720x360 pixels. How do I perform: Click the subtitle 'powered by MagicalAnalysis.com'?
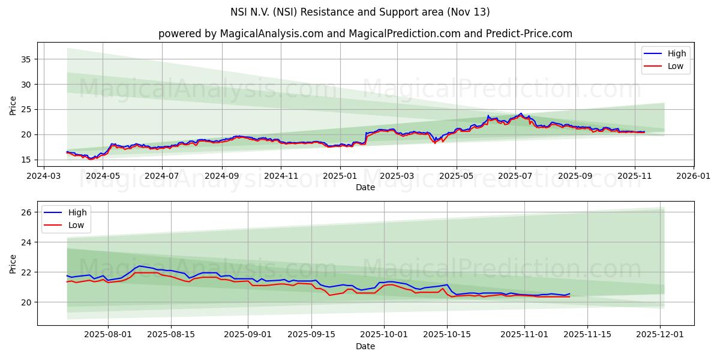coord(365,34)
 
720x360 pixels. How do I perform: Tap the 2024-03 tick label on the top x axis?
coord(44,177)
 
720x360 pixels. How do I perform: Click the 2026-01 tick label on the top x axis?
coord(694,177)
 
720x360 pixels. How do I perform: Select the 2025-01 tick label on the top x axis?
coord(340,177)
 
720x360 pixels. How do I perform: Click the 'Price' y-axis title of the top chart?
coord(13,106)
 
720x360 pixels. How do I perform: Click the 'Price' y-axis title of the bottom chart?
coord(13,263)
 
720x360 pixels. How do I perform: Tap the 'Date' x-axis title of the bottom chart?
coord(365,346)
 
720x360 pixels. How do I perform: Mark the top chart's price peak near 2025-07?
coord(520,113)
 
